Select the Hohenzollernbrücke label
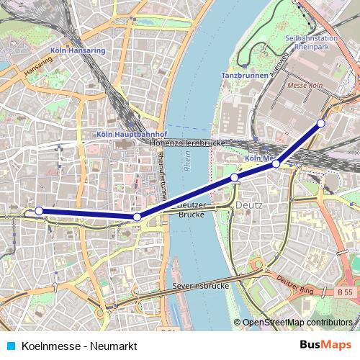tap(189, 143)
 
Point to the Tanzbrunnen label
tap(243, 74)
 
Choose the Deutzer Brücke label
tap(192, 210)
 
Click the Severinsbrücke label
tap(201, 286)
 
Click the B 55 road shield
tap(346, 292)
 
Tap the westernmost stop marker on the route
tap(39, 211)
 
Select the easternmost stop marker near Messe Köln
tap(321, 123)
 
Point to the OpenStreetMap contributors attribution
tap(296, 323)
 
